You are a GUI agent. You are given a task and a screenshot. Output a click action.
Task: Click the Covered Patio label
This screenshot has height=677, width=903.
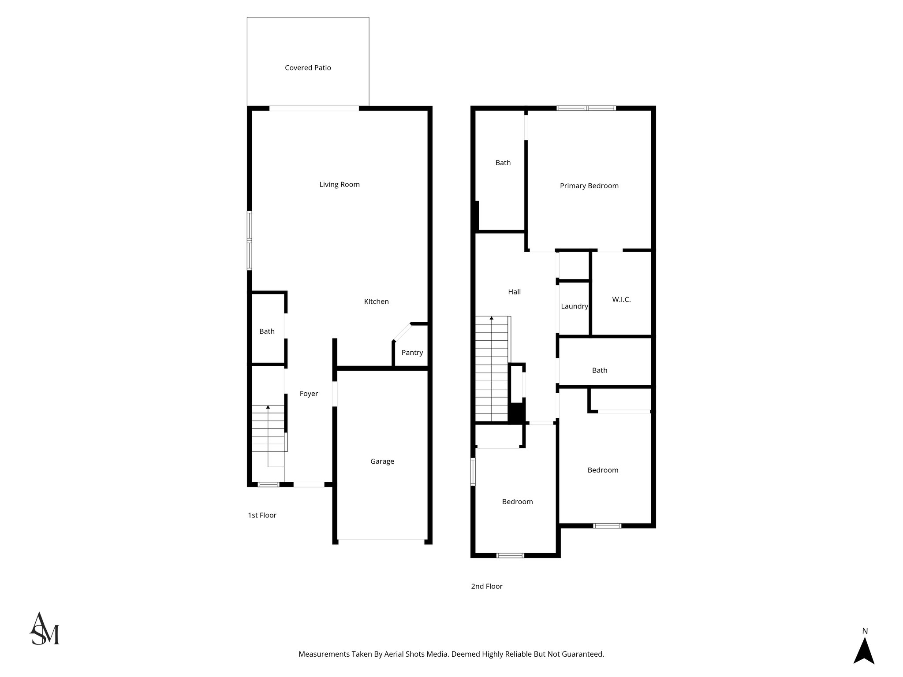(308, 68)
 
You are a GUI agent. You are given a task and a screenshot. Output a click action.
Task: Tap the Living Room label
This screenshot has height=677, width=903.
(340, 185)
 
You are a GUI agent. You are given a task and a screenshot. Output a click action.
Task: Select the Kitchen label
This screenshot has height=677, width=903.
(376, 302)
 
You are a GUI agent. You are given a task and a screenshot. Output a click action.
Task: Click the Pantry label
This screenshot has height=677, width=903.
(412, 353)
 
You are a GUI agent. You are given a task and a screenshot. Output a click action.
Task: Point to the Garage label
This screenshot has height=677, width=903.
(382, 461)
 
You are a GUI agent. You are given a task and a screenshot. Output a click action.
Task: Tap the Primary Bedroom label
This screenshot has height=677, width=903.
(589, 186)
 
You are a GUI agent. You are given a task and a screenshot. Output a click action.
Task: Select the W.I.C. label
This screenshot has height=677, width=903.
(621, 300)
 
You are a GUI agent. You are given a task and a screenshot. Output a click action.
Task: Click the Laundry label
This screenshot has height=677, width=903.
(574, 306)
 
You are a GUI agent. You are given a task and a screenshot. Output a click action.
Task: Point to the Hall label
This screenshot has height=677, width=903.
(514, 292)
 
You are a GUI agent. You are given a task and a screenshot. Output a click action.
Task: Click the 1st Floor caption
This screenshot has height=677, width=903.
(262, 515)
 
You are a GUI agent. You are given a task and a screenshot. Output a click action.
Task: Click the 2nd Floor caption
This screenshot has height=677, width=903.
(486, 586)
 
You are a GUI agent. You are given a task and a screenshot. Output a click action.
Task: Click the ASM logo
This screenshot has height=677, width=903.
(44, 629)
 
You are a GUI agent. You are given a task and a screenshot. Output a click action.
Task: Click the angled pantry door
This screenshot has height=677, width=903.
(402, 332)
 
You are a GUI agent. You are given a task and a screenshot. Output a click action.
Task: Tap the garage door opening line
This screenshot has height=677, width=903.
(381, 539)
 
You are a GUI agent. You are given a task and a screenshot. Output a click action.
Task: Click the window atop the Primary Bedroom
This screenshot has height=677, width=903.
(586, 108)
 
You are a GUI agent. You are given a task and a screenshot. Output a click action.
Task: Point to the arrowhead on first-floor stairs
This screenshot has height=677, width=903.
(268, 407)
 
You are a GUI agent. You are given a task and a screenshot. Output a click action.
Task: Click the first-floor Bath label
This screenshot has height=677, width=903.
(267, 331)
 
